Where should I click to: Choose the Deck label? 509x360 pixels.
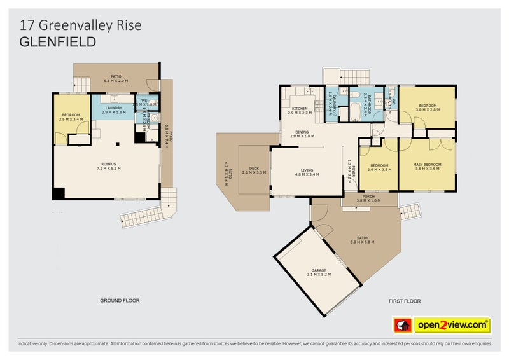click(x=254, y=170)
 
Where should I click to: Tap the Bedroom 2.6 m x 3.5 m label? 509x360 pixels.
click(x=379, y=167)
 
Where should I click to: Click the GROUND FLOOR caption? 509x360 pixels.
click(x=120, y=300)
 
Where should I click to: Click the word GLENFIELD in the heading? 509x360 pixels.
click(x=58, y=43)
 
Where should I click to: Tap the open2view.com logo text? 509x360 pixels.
click(x=452, y=325)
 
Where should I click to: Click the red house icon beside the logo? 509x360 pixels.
click(x=403, y=325)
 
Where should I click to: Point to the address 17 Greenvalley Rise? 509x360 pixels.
click(x=80, y=25)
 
